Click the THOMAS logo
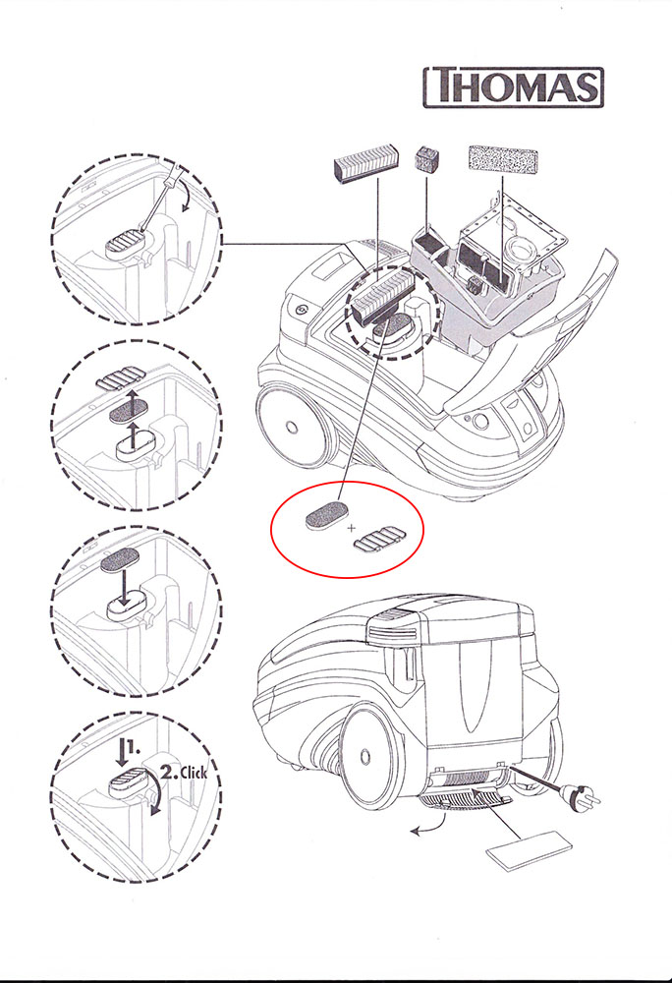[x=514, y=87]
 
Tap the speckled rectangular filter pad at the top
[x=502, y=158]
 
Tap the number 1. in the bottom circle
[x=133, y=747]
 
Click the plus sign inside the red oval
[x=352, y=528]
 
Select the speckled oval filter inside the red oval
[x=325, y=515]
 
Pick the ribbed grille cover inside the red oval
[x=379, y=539]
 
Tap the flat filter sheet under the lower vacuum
[x=530, y=850]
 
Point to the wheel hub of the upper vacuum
[x=291, y=427]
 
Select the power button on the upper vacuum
[x=301, y=309]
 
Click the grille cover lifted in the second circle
[x=120, y=378]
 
